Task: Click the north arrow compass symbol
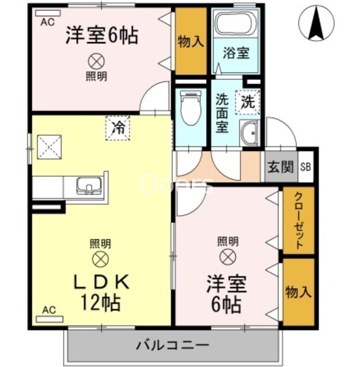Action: (316, 22)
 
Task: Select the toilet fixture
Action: (191, 108)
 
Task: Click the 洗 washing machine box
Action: (248, 101)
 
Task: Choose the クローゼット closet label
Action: (298, 221)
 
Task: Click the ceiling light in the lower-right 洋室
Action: (227, 255)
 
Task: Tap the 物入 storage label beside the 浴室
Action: (191, 41)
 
